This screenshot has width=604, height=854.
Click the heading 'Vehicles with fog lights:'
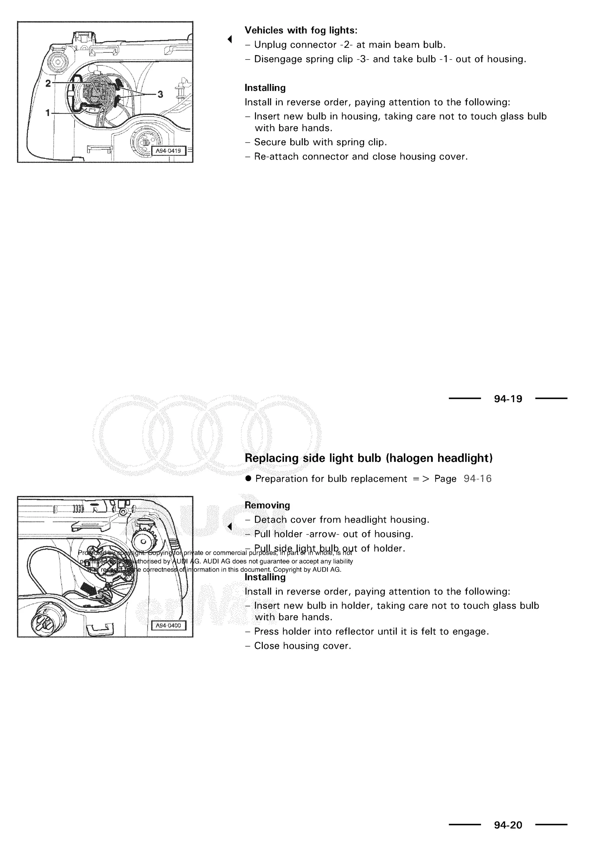301,30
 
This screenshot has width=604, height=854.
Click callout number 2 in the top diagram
48,83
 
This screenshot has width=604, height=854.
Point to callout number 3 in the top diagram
160,94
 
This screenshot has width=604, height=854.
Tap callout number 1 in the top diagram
47,112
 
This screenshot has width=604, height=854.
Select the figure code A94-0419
168,151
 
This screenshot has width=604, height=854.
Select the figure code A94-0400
168,626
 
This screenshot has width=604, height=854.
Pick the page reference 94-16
477,479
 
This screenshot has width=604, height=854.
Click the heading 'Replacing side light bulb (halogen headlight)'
368,458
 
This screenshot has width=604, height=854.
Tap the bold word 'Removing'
267,505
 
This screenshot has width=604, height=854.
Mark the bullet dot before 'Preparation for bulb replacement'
248,479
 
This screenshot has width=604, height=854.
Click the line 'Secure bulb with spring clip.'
320,142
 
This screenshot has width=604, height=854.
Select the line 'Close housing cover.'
302,646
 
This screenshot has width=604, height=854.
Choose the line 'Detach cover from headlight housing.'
342,520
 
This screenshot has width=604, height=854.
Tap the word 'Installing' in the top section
265,88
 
